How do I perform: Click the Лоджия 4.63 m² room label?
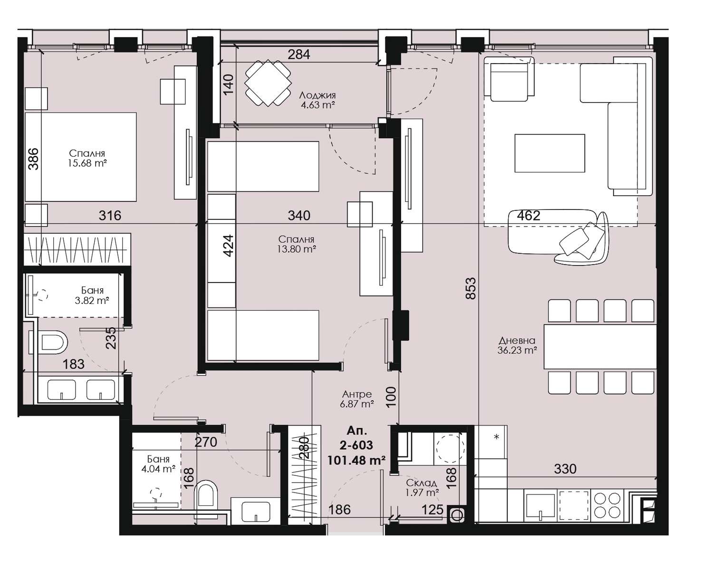click(x=317, y=100)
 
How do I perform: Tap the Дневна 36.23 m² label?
click(x=517, y=346)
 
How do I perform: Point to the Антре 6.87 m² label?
click(x=357, y=399)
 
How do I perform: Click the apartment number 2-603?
click(x=356, y=445)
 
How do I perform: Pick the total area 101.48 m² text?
click(x=356, y=460)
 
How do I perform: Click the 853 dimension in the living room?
click(x=471, y=288)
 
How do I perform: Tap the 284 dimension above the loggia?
click(x=299, y=54)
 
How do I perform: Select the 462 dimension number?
click(x=529, y=216)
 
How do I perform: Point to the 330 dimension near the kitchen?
click(x=565, y=469)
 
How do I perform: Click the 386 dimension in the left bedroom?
click(x=33, y=159)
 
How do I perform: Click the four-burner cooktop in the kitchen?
click(x=607, y=505)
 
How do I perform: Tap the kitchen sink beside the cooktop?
click(x=541, y=506)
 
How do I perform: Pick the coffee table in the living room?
click(x=549, y=153)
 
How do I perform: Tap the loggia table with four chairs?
click(x=268, y=83)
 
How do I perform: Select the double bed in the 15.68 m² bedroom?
click(x=81, y=157)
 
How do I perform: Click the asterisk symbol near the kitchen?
click(x=497, y=437)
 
